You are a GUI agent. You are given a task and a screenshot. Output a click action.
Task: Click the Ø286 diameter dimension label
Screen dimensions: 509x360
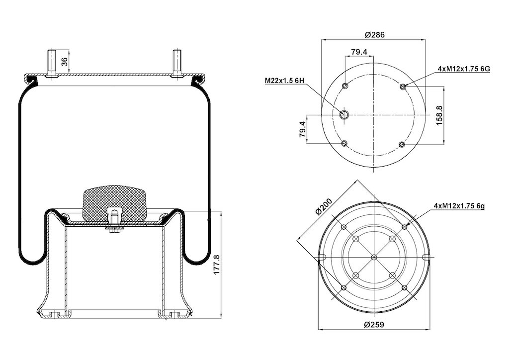(x=375, y=35)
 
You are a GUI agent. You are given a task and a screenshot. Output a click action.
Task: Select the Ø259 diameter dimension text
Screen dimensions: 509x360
(x=374, y=324)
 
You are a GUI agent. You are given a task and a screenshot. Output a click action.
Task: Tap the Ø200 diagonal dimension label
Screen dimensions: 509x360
(x=323, y=206)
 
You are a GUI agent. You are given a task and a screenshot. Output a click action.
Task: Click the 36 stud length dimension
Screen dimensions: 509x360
(x=65, y=61)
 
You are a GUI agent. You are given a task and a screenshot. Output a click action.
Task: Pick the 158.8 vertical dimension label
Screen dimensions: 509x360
(x=439, y=115)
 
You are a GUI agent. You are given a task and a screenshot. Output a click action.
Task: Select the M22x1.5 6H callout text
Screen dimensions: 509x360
(x=284, y=81)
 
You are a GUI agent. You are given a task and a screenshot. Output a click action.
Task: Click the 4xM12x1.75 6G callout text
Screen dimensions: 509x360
(x=464, y=69)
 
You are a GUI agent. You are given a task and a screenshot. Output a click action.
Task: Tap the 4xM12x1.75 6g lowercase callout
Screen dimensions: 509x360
(x=459, y=206)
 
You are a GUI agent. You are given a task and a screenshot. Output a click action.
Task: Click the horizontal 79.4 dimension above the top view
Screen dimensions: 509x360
(x=359, y=52)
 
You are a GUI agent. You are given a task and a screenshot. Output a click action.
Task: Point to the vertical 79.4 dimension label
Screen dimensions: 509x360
(x=303, y=129)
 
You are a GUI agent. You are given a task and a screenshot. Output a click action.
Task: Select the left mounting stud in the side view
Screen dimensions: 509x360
(x=51, y=64)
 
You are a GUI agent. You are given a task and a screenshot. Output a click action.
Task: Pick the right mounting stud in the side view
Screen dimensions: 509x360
(x=177, y=64)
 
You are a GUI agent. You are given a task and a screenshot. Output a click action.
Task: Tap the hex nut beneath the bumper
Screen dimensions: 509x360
(x=114, y=230)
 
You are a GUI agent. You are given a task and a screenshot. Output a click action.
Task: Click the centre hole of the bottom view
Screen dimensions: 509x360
(x=374, y=257)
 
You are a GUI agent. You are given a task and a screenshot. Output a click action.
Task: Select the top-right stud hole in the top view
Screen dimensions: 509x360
(x=403, y=87)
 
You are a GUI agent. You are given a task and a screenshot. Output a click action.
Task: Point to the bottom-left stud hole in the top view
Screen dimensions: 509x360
(x=344, y=144)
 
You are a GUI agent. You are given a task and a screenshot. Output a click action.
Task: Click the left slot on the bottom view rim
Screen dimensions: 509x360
(x=322, y=257)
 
